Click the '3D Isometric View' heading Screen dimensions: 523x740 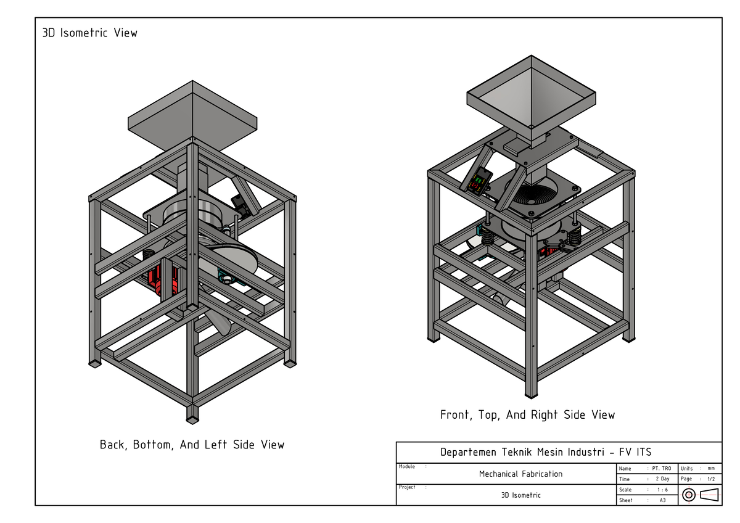click(89, 33)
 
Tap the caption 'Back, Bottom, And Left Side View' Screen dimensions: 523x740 click(192, 444)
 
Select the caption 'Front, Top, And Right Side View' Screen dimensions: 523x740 click(527, 414)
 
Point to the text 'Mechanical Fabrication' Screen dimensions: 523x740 click(520, 474)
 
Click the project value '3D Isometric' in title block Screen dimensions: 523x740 click(520, 495)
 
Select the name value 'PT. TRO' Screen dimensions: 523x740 click(661, 469)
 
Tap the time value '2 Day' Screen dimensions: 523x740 click(662, 479)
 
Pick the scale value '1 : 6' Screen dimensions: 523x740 click(662, 490)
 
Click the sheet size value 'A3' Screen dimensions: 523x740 click(662, 500)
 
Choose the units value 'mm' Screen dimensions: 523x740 click(711, 469)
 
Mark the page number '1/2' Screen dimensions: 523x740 click(711, 479)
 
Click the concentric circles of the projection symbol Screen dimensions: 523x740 click(689, 495)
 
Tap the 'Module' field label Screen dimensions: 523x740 click(407, 467)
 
